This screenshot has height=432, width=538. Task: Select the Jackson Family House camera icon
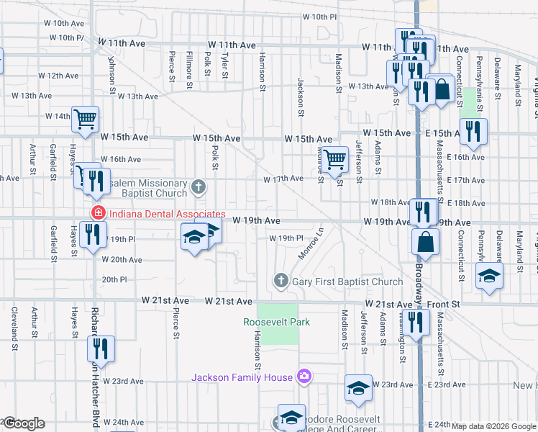[304, 377]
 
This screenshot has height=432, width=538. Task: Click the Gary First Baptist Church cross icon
[281, 281]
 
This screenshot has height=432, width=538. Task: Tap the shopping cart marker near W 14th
[85, 119]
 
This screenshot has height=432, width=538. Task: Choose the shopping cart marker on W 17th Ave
[334, 160]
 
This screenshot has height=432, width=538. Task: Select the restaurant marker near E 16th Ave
[473, 131]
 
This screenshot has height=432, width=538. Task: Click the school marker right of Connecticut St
[489, 276]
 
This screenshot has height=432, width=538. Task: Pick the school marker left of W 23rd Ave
[358, 388]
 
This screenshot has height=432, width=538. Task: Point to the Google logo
[24, 424]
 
